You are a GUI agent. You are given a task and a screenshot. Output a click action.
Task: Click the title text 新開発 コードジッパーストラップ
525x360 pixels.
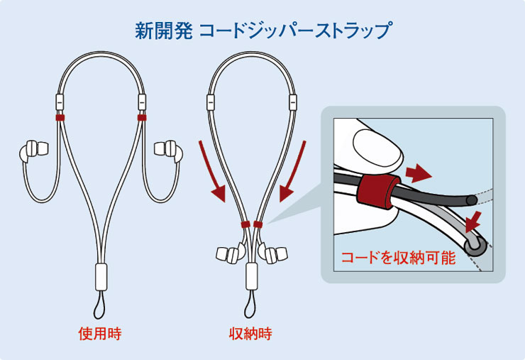pyautogui.click(x=262, y=31)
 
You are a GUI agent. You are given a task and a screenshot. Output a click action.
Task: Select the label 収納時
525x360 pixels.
pyautogui.click(x=250, y=333)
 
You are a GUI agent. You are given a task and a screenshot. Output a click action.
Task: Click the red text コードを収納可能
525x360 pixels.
pyautogui.click(x=397, y=257)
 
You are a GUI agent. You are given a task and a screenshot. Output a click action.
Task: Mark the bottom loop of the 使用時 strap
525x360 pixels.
pyautogui.click(x=100, y=307)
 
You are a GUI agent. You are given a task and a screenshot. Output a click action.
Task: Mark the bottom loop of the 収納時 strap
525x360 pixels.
pyautogui.click(x=251, y=307)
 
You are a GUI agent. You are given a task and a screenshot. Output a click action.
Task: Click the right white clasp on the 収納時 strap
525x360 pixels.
pyautogui.click(x=291, y=101)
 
